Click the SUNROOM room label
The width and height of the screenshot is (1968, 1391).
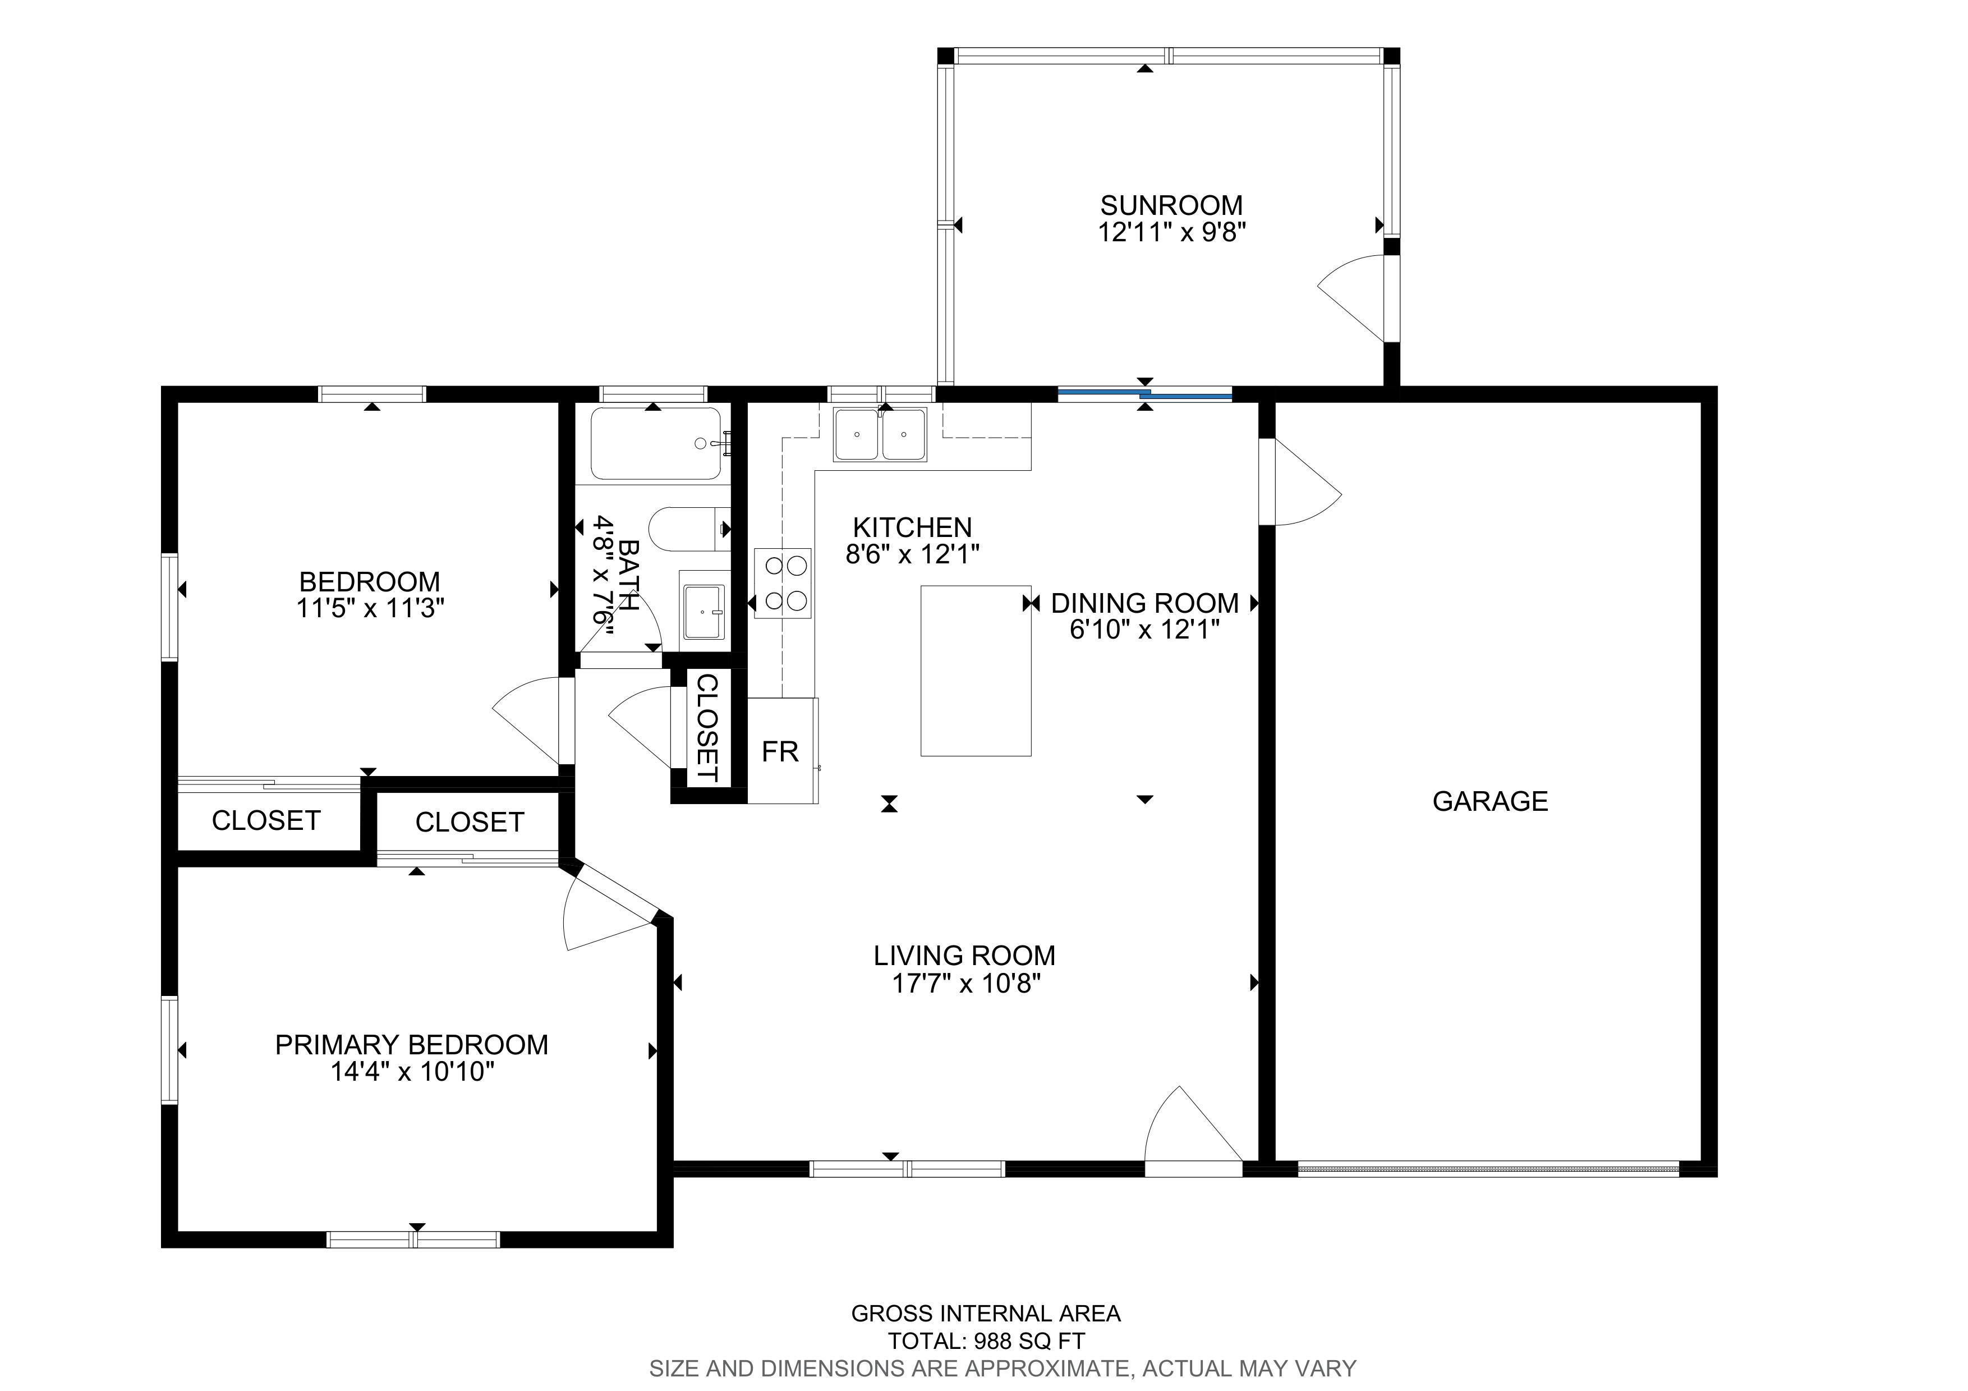click(1171, 206)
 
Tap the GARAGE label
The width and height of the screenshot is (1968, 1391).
click(1491, 801)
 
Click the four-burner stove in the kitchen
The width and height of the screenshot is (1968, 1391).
click(783, 583)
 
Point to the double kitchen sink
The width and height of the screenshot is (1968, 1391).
click(880, 435)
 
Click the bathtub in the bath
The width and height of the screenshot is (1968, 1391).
click(658, 444)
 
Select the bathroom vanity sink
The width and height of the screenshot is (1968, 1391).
click(705, 610)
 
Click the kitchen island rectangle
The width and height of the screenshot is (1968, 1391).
click(976, 670)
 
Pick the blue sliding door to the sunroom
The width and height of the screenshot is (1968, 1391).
click(1145, 394)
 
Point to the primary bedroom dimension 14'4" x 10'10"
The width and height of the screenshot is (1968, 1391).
click(412, 1071)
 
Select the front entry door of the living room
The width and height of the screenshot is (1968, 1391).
click(1194, 1126)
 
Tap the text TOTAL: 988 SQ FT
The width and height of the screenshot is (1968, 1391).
click(986, 1341)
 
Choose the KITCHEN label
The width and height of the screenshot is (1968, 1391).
click(912, 527)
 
